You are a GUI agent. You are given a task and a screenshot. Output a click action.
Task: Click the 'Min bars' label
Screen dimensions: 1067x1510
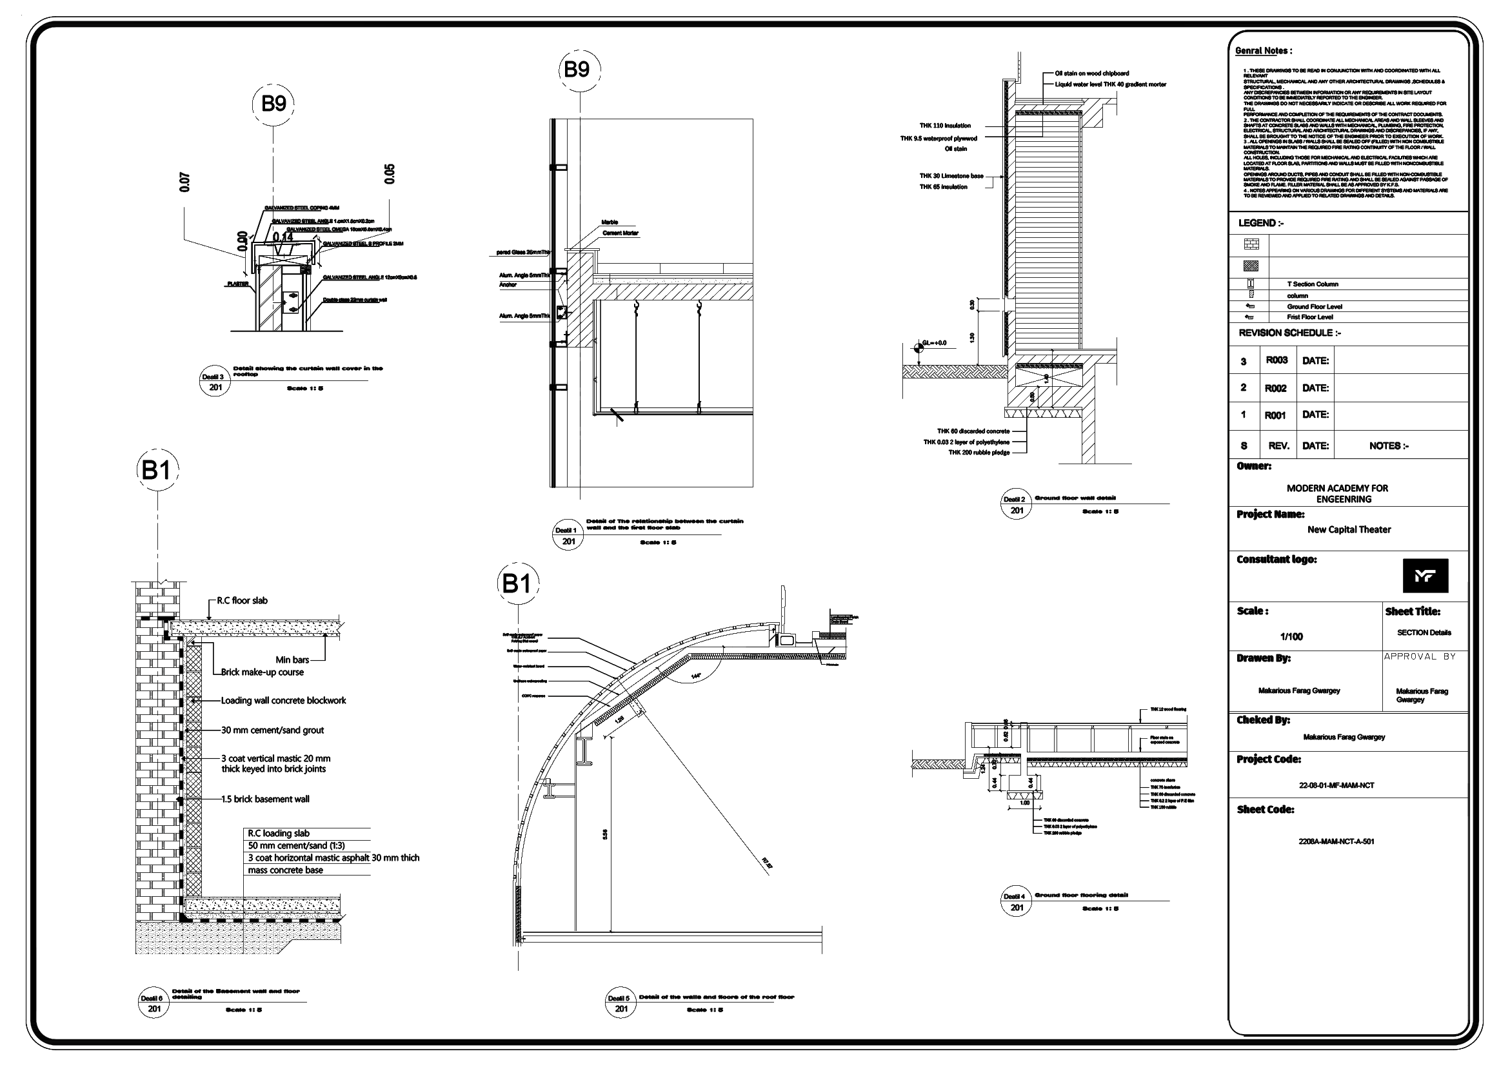[x=292, y=660]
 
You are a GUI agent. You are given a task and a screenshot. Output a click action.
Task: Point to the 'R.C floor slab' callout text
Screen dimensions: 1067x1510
[x=242, y=600]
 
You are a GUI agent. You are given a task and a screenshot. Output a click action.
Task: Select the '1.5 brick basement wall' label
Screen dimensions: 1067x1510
[x=265, y=799]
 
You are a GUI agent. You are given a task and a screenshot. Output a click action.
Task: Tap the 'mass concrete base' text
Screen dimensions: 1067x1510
[x=286, y=870]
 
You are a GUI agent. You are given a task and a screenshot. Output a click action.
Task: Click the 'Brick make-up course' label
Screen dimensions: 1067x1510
[x=263, y=672]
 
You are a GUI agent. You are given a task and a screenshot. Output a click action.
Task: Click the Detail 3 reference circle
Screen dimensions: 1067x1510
[x=215, y=382]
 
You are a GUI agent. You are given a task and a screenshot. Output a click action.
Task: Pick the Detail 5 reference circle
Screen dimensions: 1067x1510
[x=621, y=1003]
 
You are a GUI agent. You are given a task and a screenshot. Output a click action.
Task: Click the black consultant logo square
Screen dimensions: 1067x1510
[x=1425, y=576]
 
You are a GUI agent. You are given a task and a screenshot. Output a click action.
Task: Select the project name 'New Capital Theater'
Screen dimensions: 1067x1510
[x=1349, y=529]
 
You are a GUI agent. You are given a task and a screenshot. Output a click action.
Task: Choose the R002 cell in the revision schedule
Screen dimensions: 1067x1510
[x=1275, y=388]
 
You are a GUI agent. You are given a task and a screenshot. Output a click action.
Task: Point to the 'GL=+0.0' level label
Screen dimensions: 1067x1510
[x=934, y=342]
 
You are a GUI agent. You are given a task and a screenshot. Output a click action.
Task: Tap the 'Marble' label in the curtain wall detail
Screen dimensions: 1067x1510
[x=610, y=222]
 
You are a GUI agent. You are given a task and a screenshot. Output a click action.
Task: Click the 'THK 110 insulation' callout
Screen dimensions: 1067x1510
[x=945, y=126]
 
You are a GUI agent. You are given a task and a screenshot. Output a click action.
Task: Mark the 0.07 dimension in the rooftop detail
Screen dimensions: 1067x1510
[x=185, y=182]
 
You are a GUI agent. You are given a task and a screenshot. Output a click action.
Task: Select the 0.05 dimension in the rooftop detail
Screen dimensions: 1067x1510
[x=390, y=173]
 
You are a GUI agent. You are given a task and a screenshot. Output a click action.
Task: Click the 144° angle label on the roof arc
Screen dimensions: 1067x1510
[x=696, y=676]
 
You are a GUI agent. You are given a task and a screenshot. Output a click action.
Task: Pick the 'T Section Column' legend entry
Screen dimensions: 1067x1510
[x=1313, y=284]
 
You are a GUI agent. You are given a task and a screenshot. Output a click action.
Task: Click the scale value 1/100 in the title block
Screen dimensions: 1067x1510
[x=1291, y=636]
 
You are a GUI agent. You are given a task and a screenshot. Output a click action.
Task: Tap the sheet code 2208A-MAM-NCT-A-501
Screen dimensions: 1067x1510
[x=1336, y=841]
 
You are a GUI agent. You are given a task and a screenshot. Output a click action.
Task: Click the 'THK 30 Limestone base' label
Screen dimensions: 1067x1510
[x=951, y=175]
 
